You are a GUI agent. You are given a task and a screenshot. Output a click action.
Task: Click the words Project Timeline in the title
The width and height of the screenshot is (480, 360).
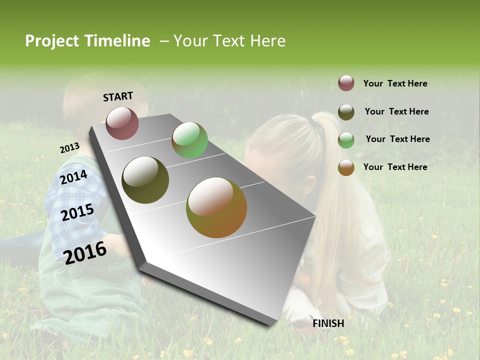click(x=87, y=41)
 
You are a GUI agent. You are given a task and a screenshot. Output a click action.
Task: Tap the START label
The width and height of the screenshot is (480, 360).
click(x=118, y=96)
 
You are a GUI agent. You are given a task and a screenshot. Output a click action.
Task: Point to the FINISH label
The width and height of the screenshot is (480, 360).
click(x=328, y=323)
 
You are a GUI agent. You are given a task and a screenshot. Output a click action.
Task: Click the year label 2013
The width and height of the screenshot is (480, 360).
click(x=69, y=148)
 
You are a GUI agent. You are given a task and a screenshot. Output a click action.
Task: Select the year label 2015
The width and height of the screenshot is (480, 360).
click(x=77, y=212)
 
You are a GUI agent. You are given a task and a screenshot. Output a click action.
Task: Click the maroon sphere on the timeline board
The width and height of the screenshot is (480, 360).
click(x=122, y=123)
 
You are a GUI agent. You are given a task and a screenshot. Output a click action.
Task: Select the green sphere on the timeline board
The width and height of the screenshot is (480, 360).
click(x=189, y=140)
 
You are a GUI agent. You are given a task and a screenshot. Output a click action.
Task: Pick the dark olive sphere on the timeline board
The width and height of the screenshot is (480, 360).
click(x=145, y=180)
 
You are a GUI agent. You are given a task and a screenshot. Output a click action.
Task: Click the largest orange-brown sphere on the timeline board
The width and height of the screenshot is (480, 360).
click(x=216, y=207)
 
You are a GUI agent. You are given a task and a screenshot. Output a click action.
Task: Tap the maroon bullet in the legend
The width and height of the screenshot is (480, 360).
click(x=346, y=83)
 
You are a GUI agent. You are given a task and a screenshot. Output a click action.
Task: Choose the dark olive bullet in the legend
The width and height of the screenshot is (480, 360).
click(x=346, y=112)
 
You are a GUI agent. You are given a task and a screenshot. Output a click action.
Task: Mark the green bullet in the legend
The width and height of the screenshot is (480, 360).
click(x=346, y=140)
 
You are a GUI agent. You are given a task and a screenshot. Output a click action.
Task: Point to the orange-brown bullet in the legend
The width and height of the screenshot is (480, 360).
click(x=346, y=167)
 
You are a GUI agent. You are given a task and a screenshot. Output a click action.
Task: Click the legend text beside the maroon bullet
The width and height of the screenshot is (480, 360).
click(x=395, y=83)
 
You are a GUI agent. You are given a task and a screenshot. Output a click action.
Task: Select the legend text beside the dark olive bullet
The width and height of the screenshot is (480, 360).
click(x=396, y=111)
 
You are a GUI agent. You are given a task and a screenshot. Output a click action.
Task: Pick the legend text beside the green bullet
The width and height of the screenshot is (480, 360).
click(x=397, y=139)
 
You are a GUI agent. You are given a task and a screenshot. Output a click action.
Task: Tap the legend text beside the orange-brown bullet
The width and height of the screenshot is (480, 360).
click(x=395, y=167)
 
